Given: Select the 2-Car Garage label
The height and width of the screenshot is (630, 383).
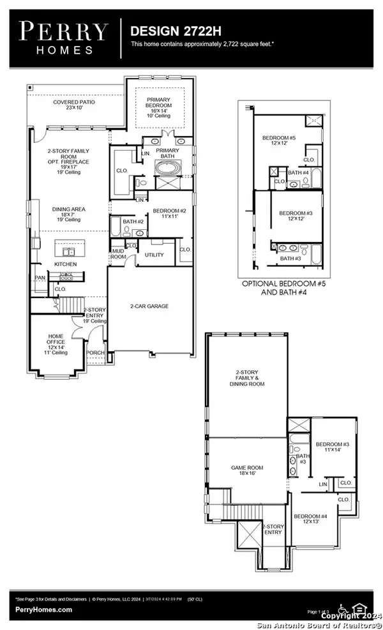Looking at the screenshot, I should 149,306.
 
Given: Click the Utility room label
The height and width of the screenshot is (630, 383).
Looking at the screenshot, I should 154,255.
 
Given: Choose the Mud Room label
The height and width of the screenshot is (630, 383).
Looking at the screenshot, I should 119,254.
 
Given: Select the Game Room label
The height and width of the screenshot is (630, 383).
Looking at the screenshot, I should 247,471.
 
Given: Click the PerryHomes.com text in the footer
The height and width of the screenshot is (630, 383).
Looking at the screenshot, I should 43,610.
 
